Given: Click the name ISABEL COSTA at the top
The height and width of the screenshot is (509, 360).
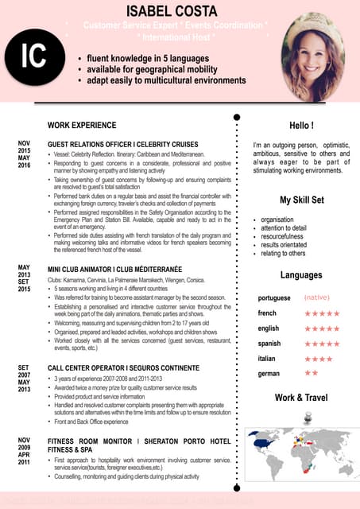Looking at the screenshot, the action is coord(179,10).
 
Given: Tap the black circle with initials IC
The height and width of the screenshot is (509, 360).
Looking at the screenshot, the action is coord(34,57).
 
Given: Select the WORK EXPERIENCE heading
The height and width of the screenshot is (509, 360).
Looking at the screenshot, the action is coord(82,126).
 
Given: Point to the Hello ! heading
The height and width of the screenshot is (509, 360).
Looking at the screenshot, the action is coord(301,126).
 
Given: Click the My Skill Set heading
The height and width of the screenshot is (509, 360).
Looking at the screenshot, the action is coord(301,200).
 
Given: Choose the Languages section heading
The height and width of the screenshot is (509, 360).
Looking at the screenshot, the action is coord(301,275).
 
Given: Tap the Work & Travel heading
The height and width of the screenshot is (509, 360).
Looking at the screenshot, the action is coord(301,397).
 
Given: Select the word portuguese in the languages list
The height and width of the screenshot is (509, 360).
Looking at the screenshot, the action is coord(274,298).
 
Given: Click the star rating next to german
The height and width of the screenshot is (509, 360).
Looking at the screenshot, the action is coord(311,373).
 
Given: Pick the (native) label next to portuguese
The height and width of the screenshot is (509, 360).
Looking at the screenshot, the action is coord(319,298).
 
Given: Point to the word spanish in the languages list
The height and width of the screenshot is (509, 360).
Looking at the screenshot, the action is coord(269,344).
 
